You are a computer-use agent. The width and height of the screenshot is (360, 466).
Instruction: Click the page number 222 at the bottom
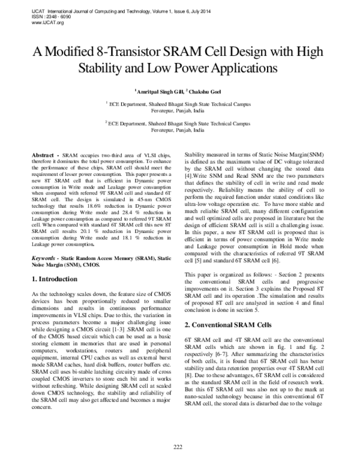178,446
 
